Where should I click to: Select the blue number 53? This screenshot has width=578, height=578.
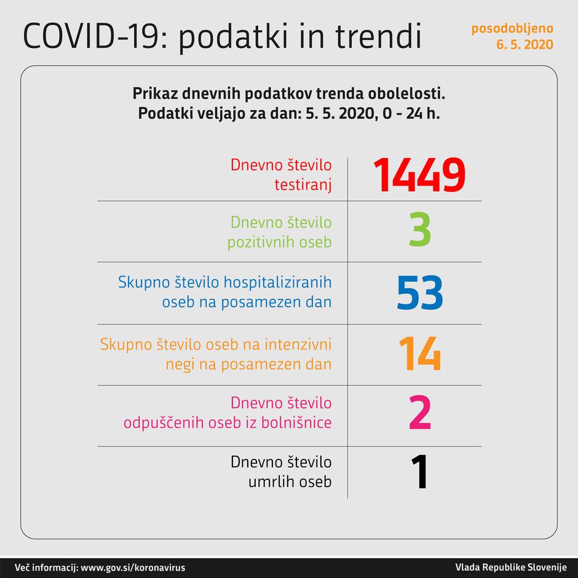(x=419, y=293)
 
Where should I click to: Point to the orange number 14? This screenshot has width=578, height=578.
(x=419, y=354)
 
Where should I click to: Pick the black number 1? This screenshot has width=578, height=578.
(x=419, y=472)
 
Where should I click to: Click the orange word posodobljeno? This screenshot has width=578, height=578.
(x=512, y=28)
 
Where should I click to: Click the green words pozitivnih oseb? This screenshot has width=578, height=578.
(x=280, y=242)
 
